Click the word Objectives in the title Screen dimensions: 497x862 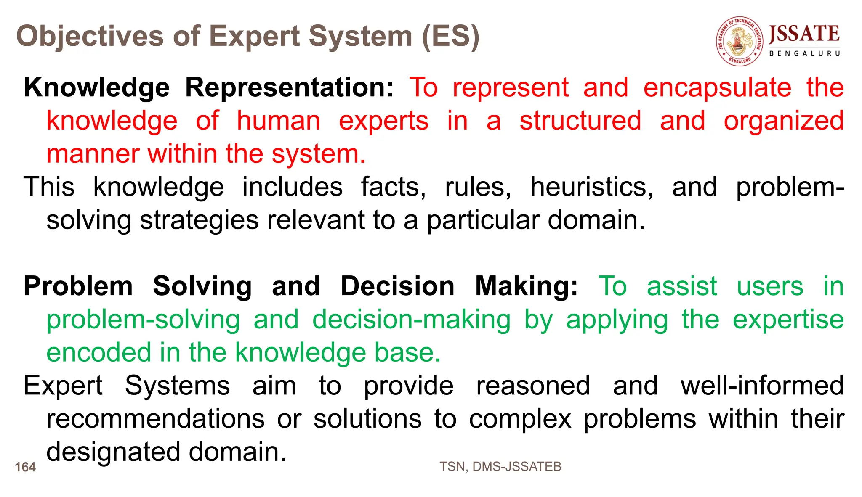[90, 36]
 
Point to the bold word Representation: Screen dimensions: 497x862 [289, 87]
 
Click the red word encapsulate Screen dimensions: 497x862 [717, 87]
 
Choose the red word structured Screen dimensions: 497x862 [580, 121]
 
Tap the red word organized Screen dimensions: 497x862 [783, 121]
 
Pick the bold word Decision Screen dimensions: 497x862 [397, 286]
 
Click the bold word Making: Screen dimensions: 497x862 [527, 286]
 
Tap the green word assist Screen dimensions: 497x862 [681, 286]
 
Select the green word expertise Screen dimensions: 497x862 [788, 320]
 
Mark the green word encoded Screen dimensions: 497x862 [98, 352]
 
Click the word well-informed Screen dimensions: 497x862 [762, 386]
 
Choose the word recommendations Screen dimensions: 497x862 [155, 419]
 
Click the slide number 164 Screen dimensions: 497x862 [25, 467]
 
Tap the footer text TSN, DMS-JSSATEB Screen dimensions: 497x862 [500, 467]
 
